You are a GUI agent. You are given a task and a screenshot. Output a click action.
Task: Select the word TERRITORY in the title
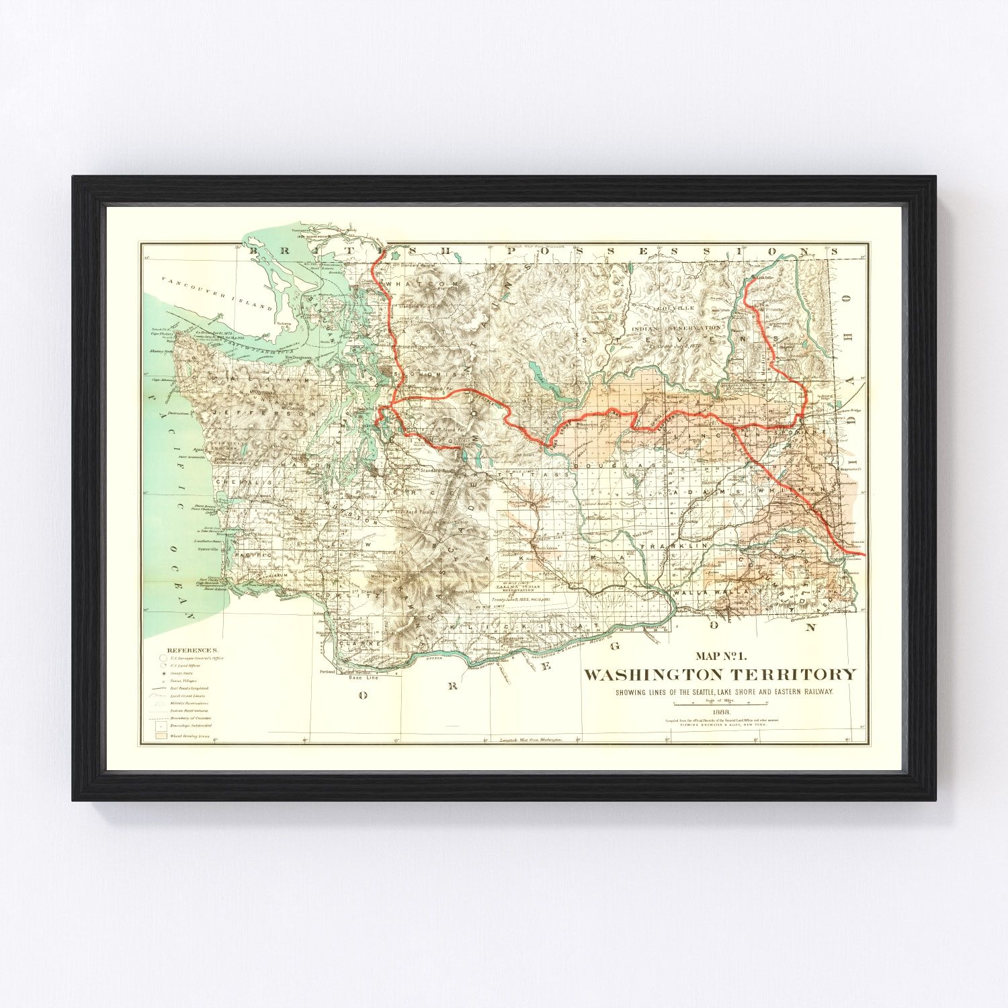[796, 675]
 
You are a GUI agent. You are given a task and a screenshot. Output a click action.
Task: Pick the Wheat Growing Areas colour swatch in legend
[161, 736]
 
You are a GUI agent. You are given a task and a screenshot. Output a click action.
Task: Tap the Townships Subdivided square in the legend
[161, 726]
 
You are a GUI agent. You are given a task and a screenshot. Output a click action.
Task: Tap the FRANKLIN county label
[668, 547]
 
